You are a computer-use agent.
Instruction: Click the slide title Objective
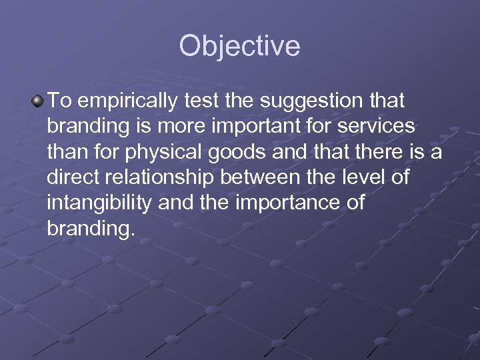click(x=239, y=47)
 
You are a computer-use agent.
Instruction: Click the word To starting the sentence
click(x=59, y=101)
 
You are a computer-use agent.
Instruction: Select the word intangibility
click(x=100, y=203)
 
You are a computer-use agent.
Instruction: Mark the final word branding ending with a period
click(x=91, y=228)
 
